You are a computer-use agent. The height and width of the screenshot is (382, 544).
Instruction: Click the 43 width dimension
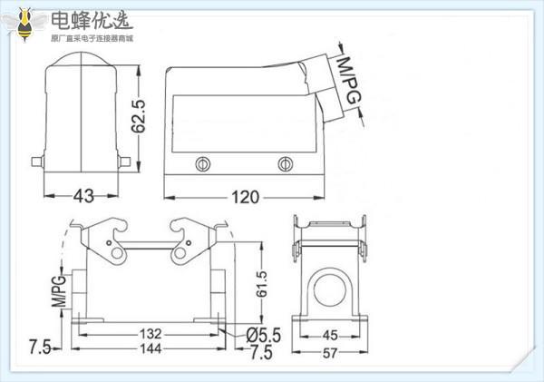(x=83, y=195)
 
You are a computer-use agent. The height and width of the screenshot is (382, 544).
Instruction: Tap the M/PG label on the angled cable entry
(x=349, y=79)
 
